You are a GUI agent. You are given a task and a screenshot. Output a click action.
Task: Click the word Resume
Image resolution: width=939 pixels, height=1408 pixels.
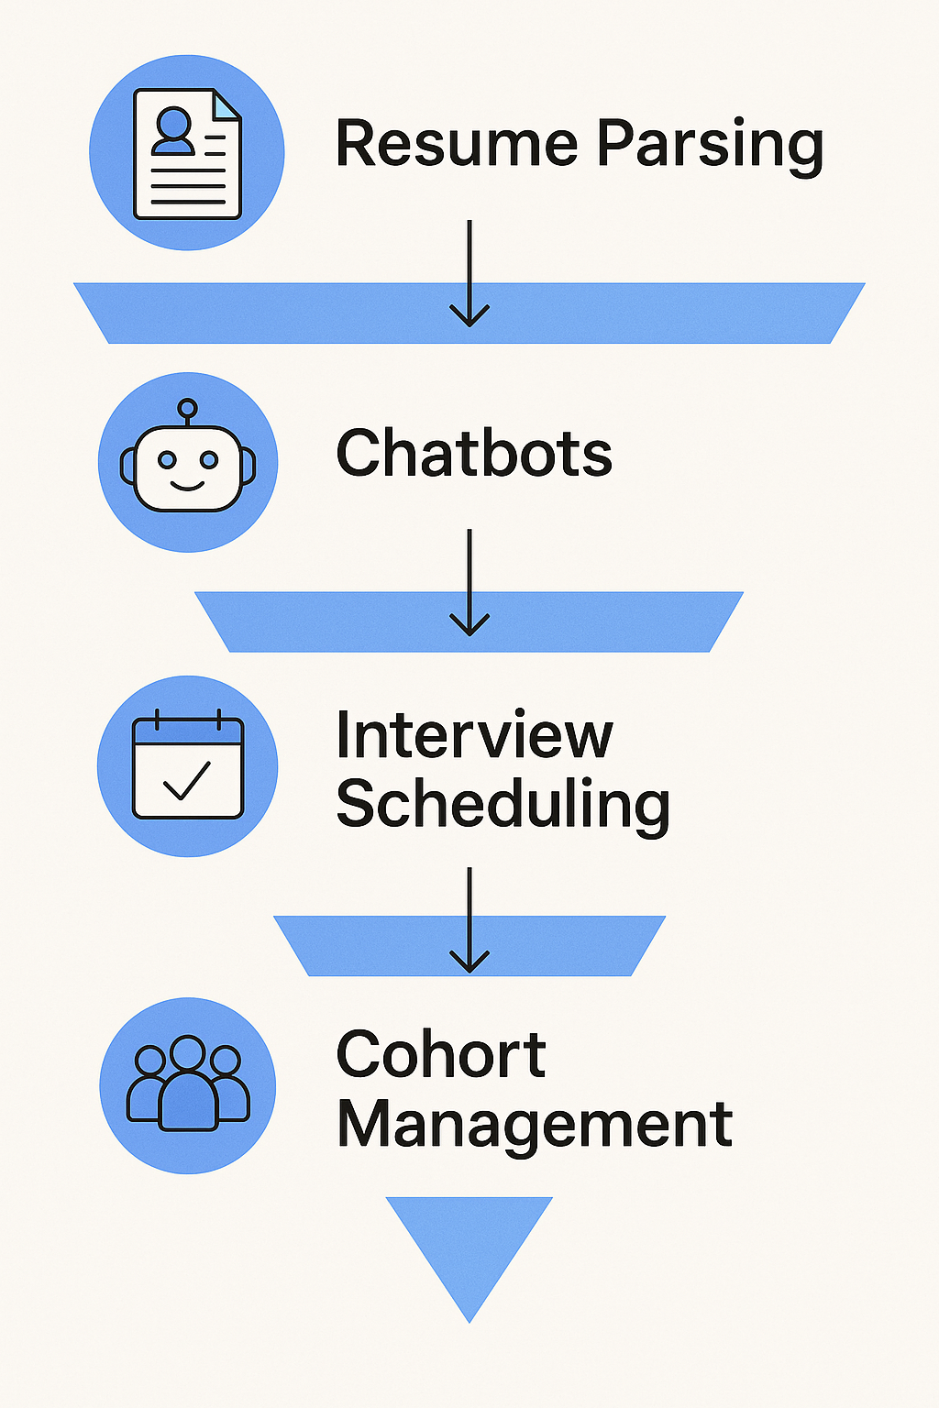pyautogui.click(x=456, y=144)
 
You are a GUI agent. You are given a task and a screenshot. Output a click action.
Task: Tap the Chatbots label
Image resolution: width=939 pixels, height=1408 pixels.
pyautogui.click(x=473, y=453)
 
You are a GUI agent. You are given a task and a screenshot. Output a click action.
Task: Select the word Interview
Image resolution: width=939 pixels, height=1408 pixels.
pyautogui.click(x=473, y=735)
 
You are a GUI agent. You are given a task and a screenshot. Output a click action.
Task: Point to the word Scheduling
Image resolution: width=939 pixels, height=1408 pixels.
pyautogui.click(x=503, y=806)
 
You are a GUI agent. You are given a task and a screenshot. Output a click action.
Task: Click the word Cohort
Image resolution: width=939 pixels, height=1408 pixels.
pyautogui.click(x=440, y=1054)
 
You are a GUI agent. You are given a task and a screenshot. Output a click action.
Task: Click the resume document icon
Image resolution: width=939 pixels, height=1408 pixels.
pyautogui.click(x=187, y=153)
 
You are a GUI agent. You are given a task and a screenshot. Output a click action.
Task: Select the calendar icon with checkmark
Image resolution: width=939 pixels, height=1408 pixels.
pyautogui.click(x=188, y=766)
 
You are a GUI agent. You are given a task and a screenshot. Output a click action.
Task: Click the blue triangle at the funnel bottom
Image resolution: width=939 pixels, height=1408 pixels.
pyautogui.click(x=469, y=1247)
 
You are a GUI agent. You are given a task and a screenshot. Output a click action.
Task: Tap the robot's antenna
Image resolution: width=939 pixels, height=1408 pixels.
pyautogui.click(x=188, y=409)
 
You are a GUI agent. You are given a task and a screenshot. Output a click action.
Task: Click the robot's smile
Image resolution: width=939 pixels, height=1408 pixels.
pyautogui.click(x=188, y=485)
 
